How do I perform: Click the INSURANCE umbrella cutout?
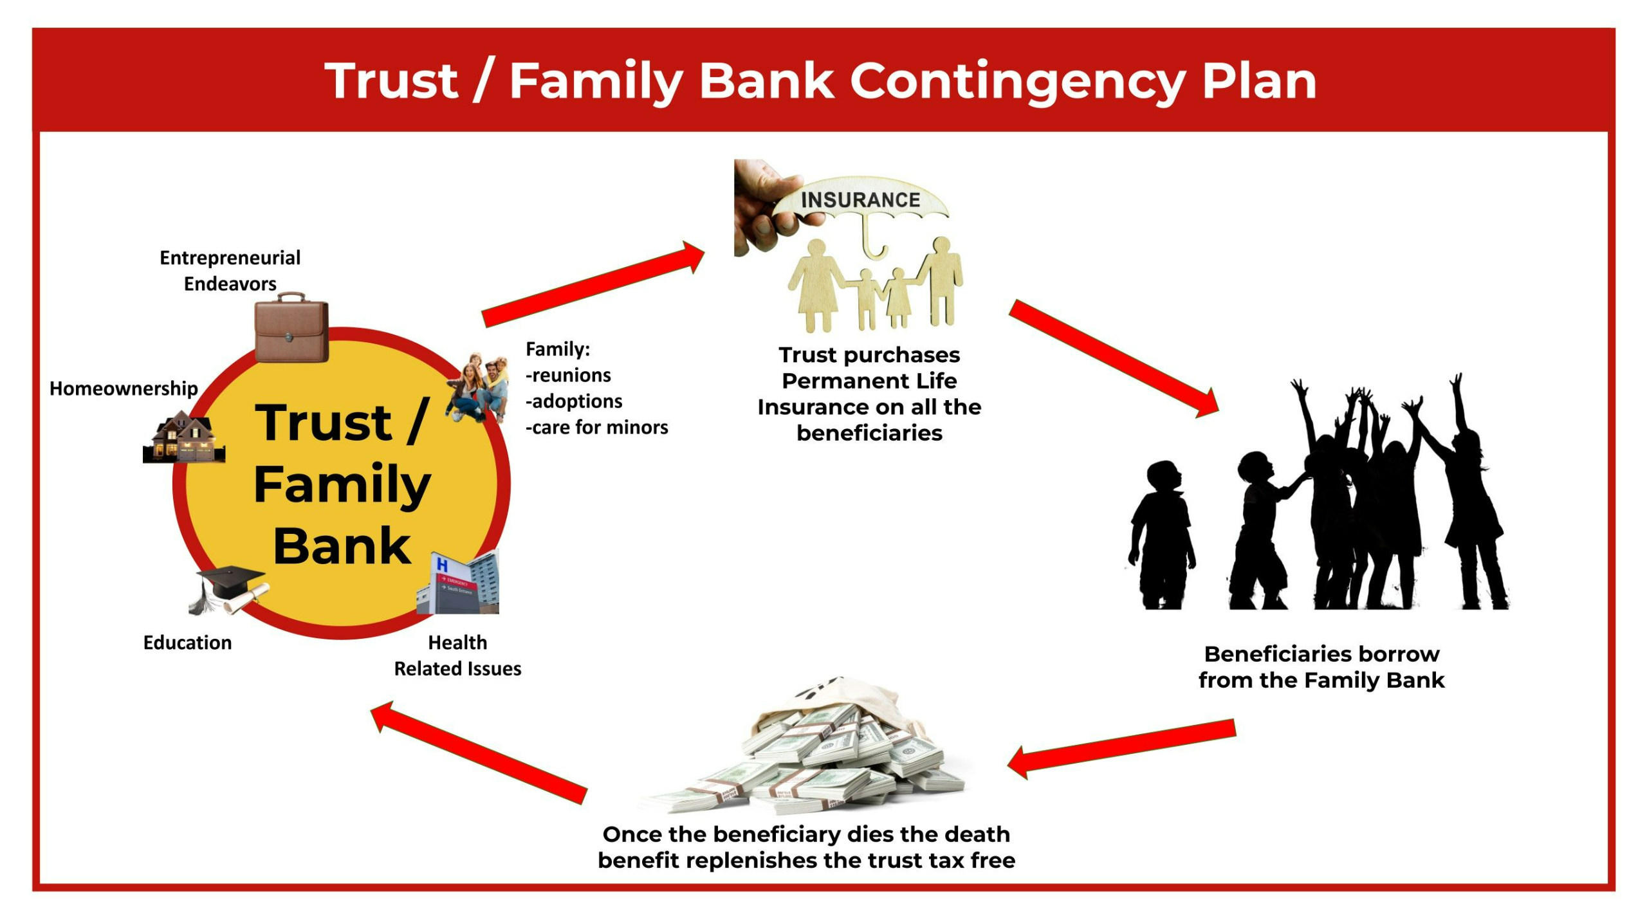coord(861,203)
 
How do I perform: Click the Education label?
coord(187,643)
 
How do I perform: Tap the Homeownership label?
coord(124,389)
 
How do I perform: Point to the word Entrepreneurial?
coord(230,258)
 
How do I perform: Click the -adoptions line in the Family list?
coord(574,401)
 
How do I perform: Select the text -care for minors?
coord(597,428)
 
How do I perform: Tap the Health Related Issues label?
coord(457,655)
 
